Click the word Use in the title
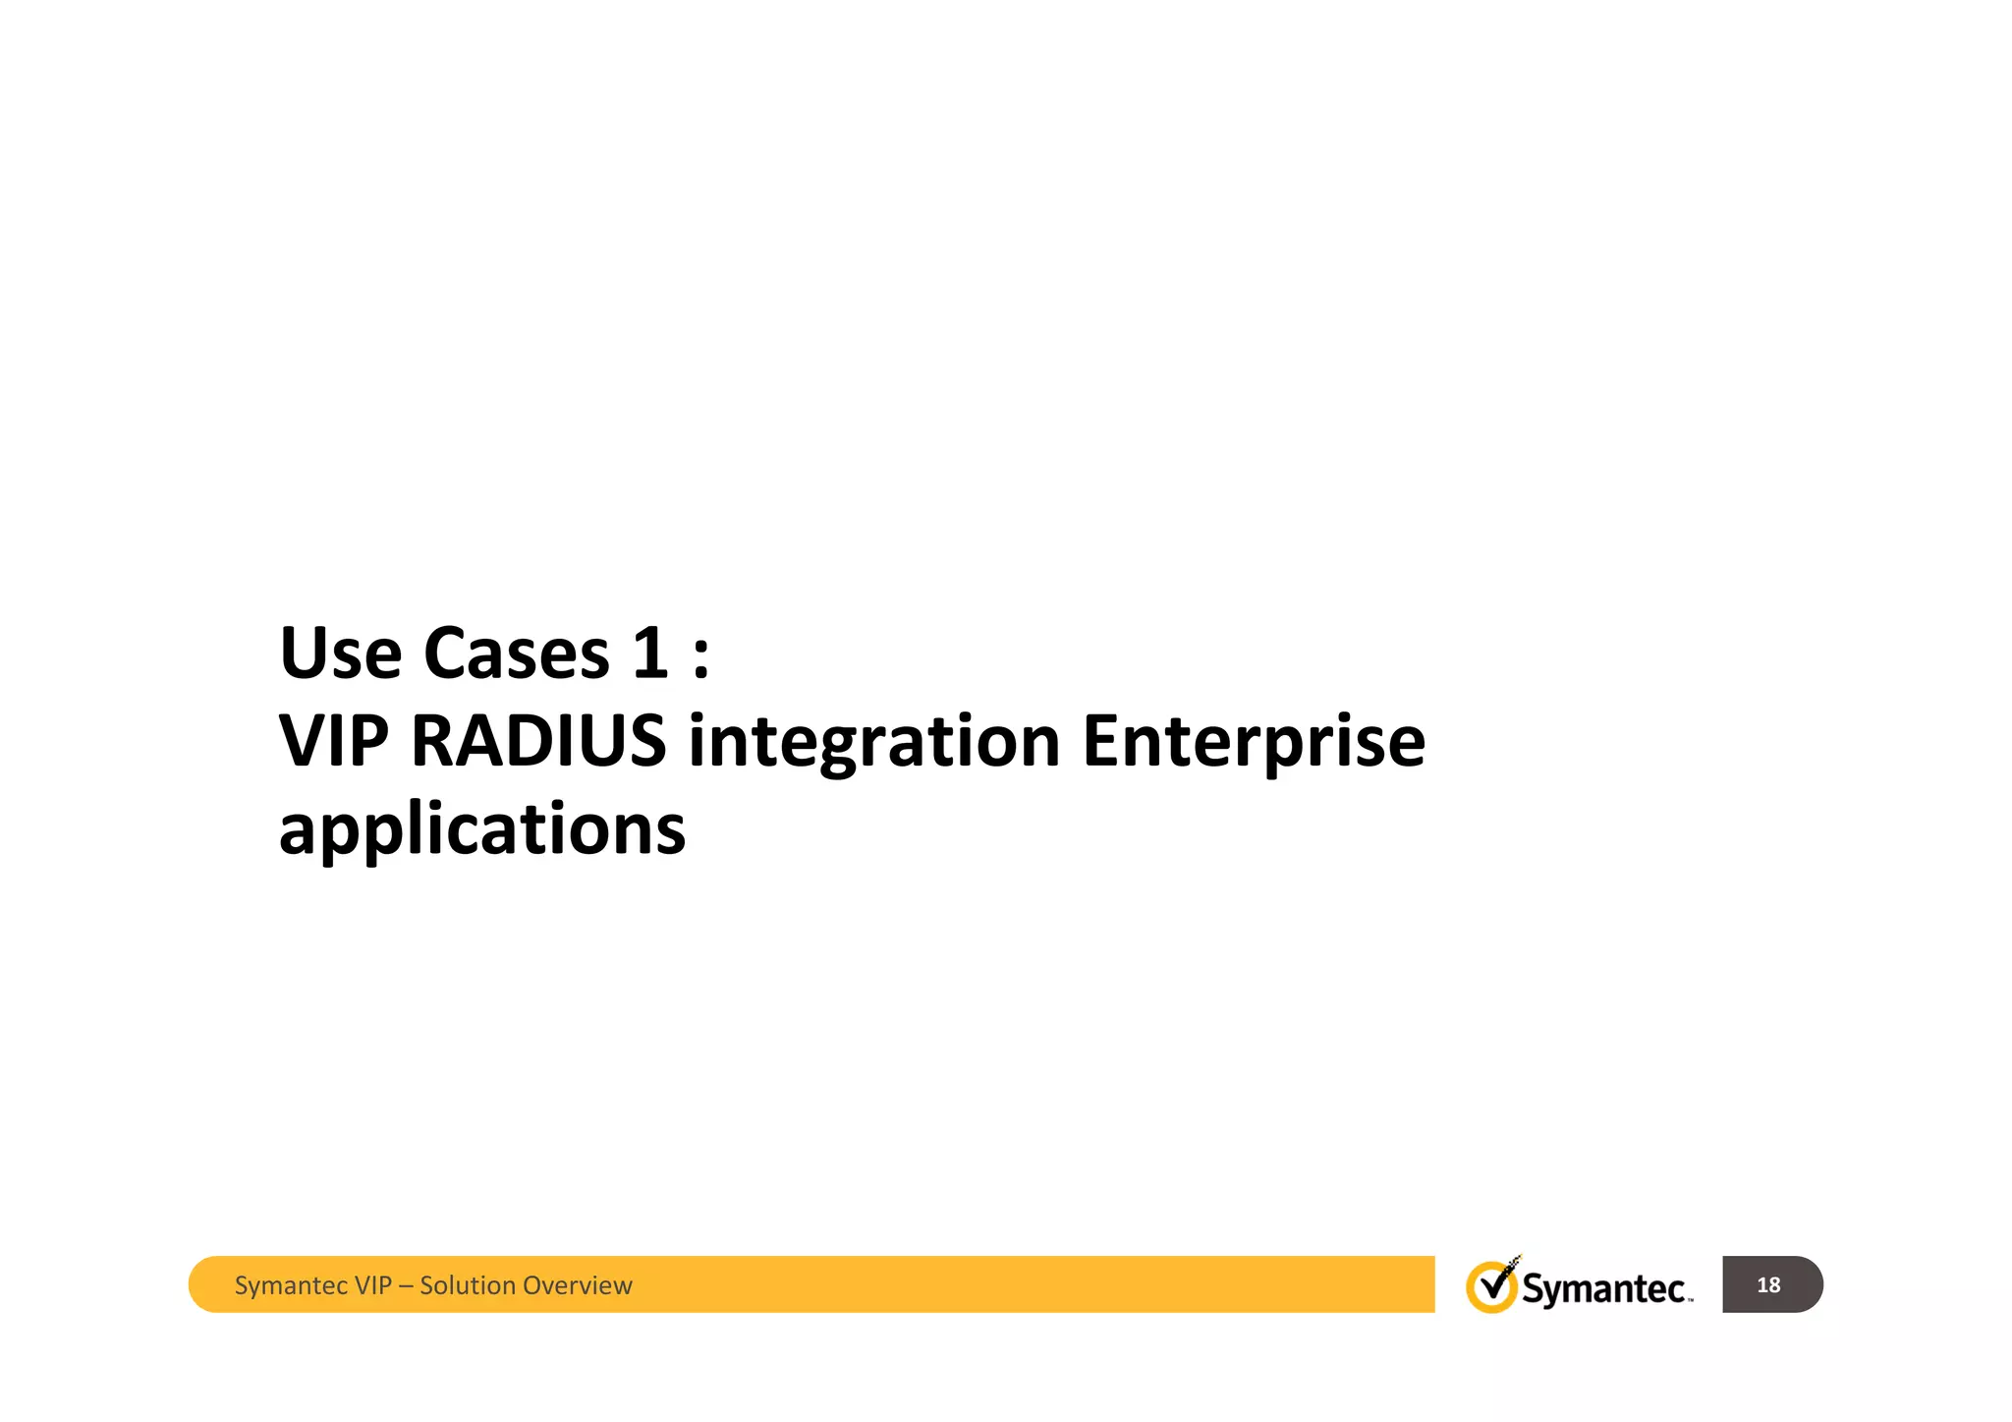tap(340, 653)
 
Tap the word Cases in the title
tap(516, 653)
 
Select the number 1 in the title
tap(649, 653)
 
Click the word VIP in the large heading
tap(333, 741)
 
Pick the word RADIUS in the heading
tap(537, 741)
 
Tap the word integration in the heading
tap(873, 743)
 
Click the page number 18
tap(1767, 1284)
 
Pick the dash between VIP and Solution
tap(406, 1285)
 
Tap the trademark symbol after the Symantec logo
tap(1690, 1300)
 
